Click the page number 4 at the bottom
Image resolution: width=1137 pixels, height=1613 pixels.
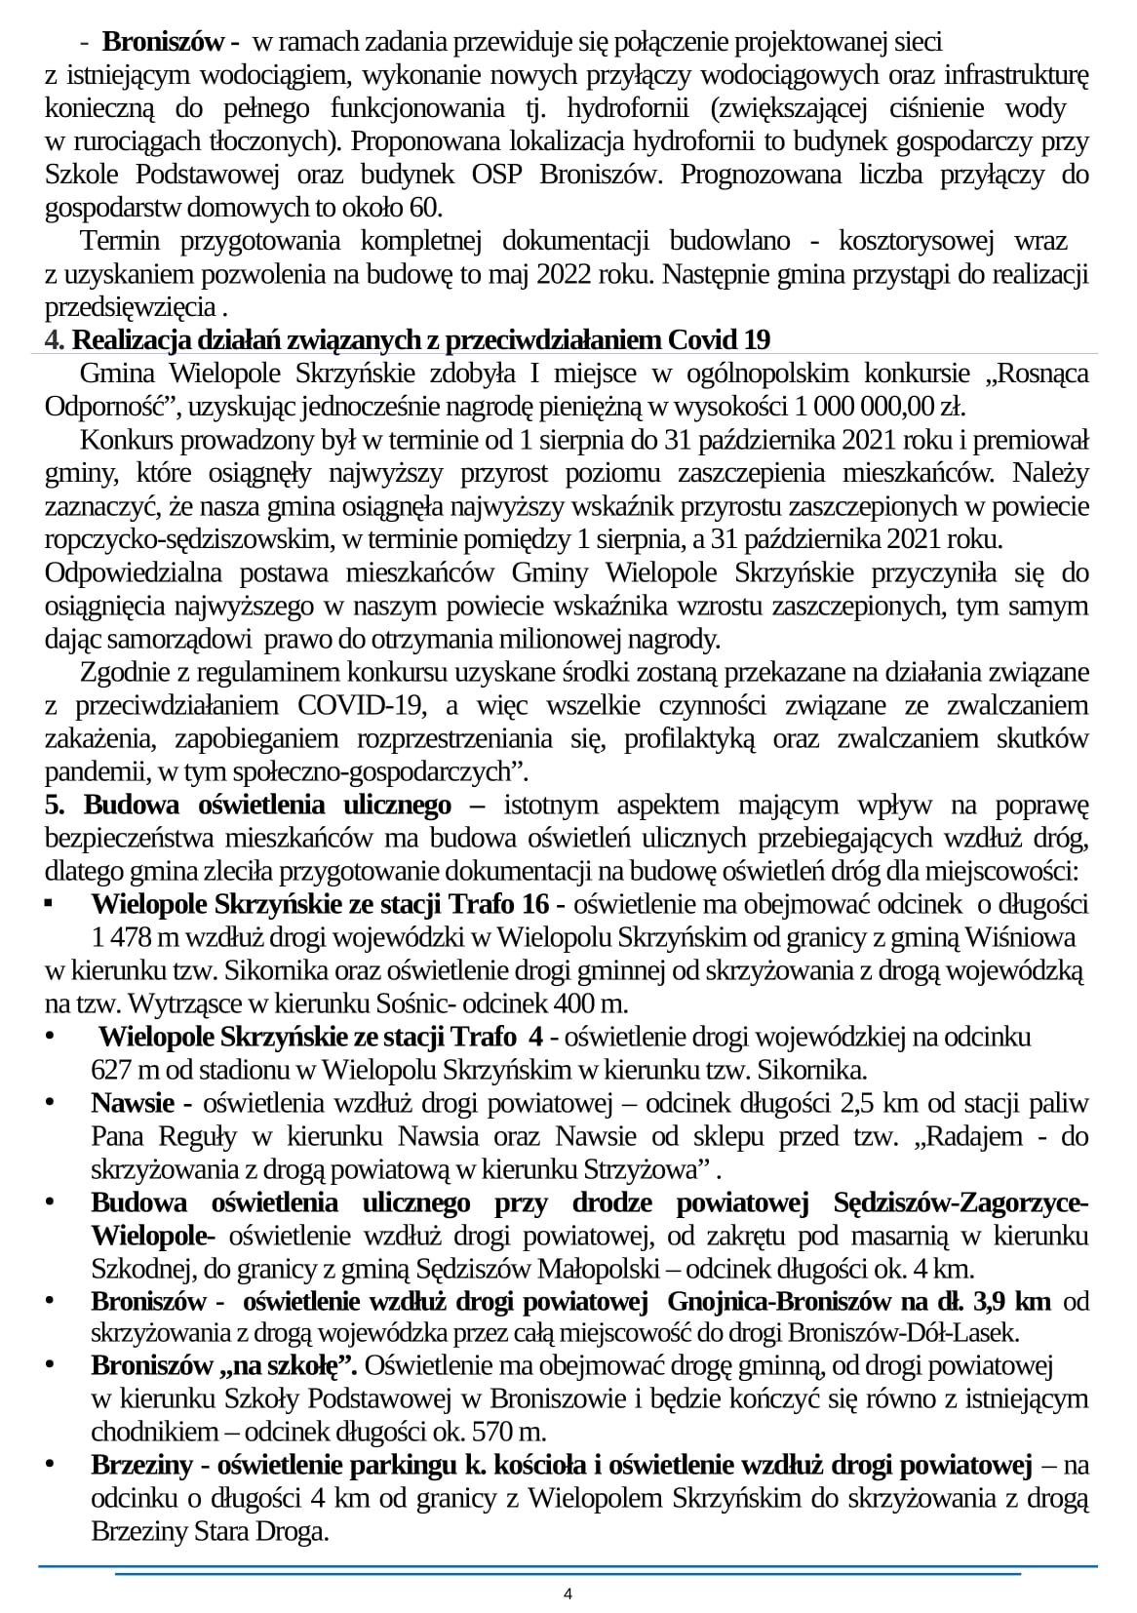click(x=568, y=1594)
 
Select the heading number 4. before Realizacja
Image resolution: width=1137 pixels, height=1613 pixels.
click(x=56, y=340)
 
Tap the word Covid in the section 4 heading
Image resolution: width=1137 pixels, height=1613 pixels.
click(x=702, y=340)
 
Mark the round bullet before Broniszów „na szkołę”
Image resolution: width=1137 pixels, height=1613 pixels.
click(x=52, y=1365)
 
